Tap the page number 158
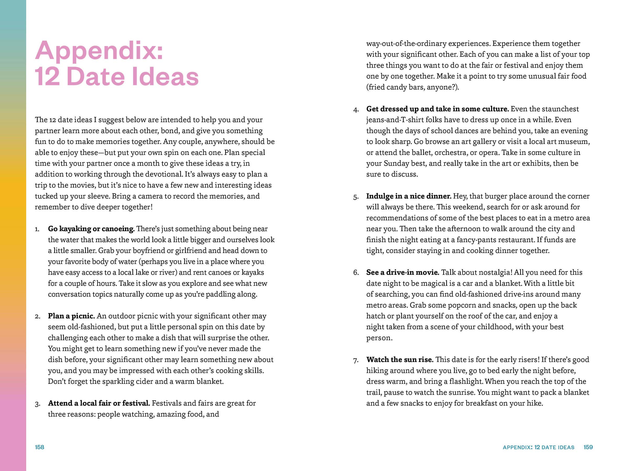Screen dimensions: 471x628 point(40,447)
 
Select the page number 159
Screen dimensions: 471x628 point(588,447)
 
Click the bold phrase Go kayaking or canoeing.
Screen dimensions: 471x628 point(91,229)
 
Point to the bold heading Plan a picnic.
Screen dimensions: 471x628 point(71,316)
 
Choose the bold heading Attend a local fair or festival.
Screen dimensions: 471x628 point(99,403)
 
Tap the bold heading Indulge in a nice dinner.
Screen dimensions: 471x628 point(408,196)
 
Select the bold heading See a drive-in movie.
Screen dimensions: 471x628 point(403,273)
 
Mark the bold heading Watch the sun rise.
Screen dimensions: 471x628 point(400,360)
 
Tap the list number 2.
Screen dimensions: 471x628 point(38,317)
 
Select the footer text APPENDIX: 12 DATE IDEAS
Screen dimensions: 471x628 point(538,447)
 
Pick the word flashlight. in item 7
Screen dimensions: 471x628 point(467,382)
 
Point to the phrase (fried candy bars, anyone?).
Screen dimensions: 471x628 point(412,87)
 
